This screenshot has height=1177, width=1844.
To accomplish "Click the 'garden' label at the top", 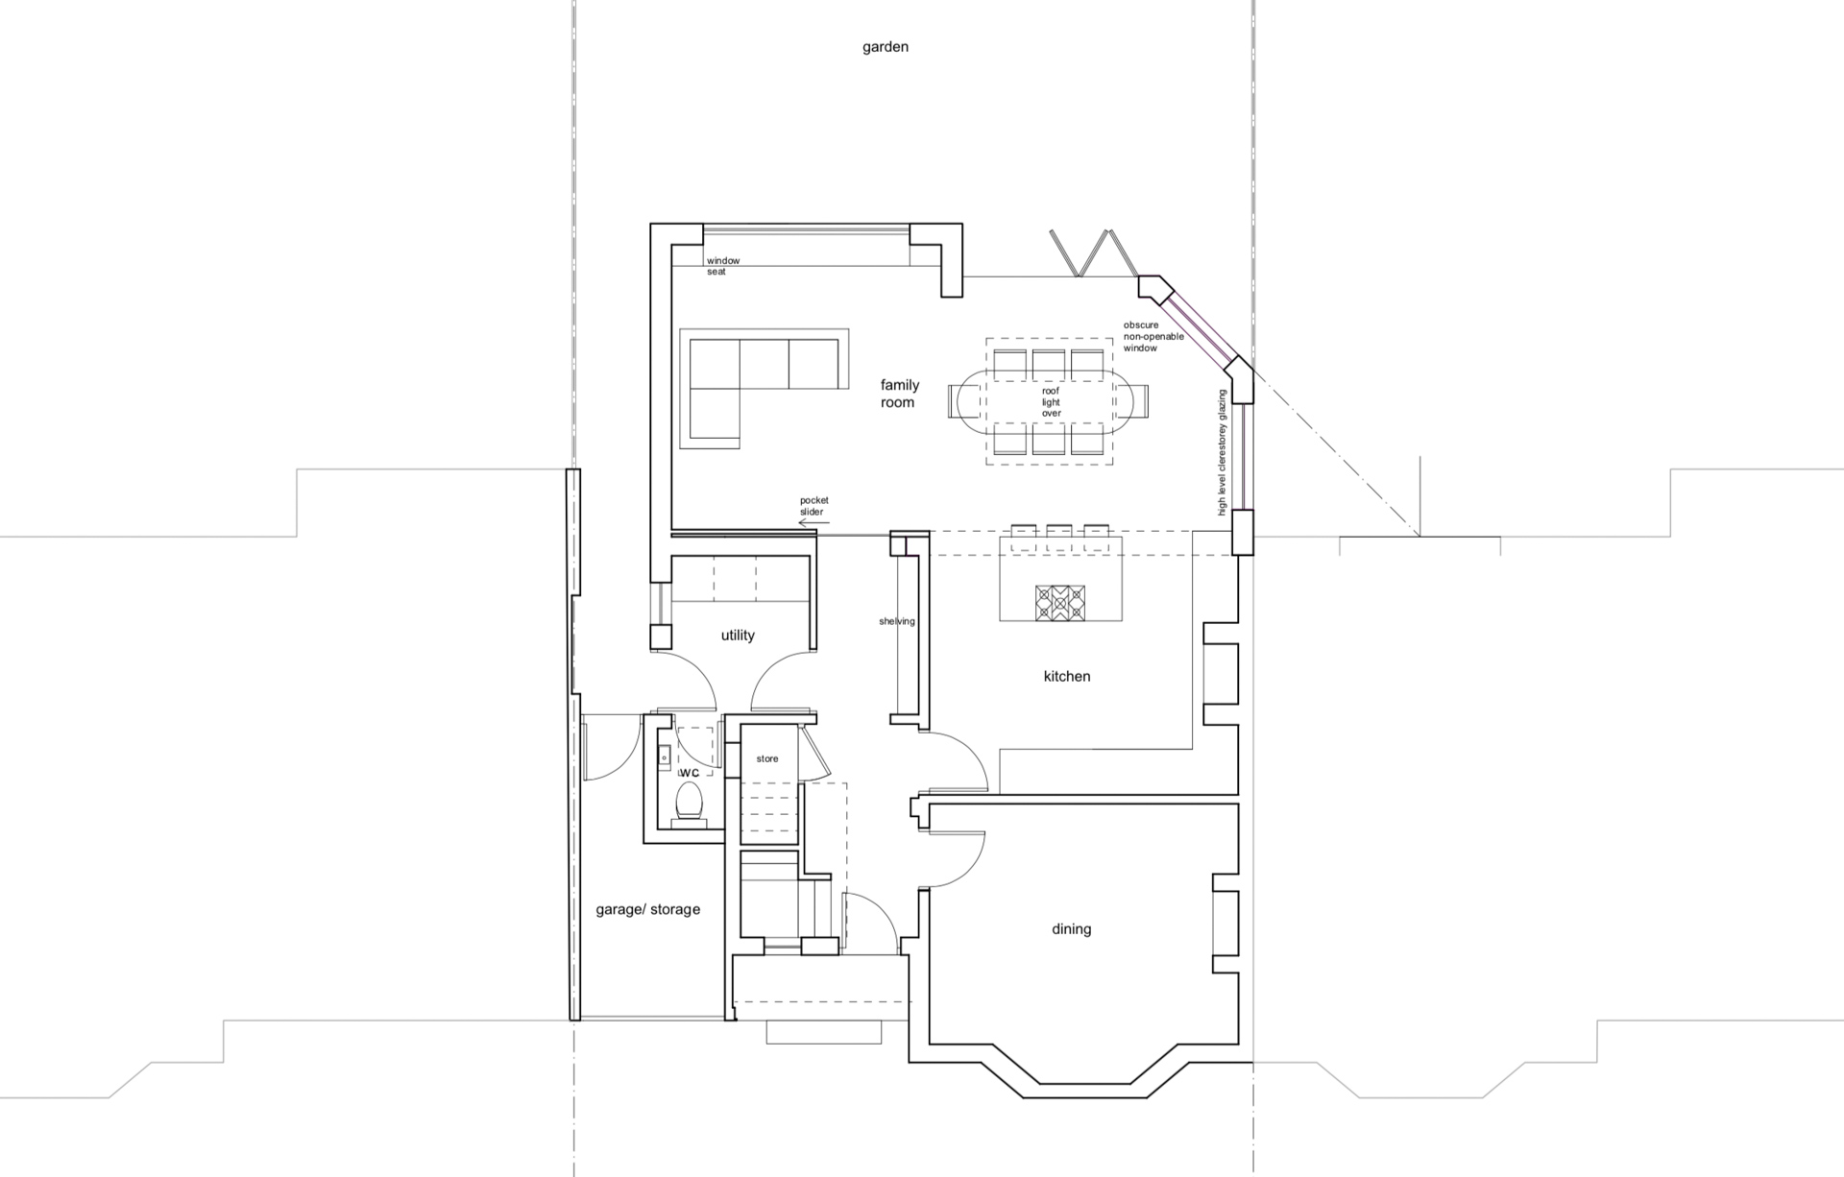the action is click(885, 47).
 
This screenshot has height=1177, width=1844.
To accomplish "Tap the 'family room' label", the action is click(899, 394).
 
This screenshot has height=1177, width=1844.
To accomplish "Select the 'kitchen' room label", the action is click(1067, 676).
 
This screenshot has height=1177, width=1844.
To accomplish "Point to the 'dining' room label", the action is click(1071, 929).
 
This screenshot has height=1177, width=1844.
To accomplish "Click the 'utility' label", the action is click(738, 636).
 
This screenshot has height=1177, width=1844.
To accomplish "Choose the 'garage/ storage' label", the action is click(647, 909).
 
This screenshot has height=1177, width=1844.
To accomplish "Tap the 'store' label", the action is click(767, 758).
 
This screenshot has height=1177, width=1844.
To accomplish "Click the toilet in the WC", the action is click(689, 804).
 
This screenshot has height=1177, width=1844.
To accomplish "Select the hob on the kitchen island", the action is click(1059, 604).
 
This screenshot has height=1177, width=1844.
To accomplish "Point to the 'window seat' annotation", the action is click(723, 266).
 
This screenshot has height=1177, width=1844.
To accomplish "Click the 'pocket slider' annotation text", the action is click(813, 506).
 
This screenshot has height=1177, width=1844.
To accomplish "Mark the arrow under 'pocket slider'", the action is click(813, 523).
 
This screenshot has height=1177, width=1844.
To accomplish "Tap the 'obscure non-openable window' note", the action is click(1153, 336).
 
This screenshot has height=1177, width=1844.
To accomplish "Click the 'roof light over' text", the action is click(1051, 402).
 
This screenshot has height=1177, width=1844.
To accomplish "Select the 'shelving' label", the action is click(897, 621).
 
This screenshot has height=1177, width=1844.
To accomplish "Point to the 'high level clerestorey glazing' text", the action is click(1223, 452).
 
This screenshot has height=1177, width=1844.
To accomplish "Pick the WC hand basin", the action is click(664, 757).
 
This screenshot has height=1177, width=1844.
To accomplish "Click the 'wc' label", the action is click(689, 773).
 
